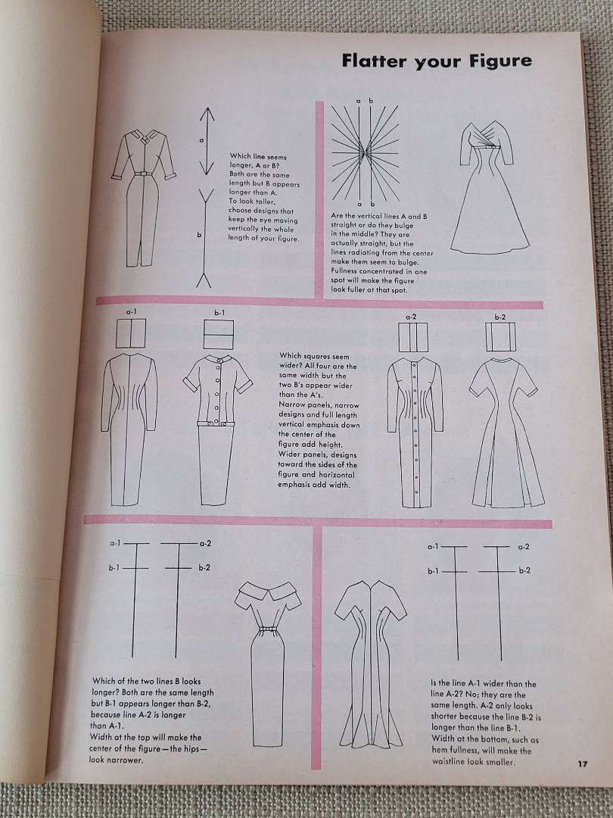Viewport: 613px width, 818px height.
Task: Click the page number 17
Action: (583, 763)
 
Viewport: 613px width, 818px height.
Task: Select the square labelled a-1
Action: (131, 333)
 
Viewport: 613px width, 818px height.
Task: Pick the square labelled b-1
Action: (219, 335)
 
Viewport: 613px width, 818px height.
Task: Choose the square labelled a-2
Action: (413, 337)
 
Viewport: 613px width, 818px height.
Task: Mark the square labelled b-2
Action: (500, 336)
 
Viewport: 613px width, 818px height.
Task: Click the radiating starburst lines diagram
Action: (366, 152)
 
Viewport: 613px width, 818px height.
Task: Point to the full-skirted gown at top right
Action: (490, 188)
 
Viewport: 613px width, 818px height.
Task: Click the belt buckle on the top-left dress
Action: (143, 173)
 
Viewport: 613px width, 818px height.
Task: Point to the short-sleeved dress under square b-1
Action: (217, 430)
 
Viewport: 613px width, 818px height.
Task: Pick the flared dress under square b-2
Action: (506, 432)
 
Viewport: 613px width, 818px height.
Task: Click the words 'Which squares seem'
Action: (314, 356)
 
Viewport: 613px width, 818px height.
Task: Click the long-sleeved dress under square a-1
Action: (129, 429)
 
